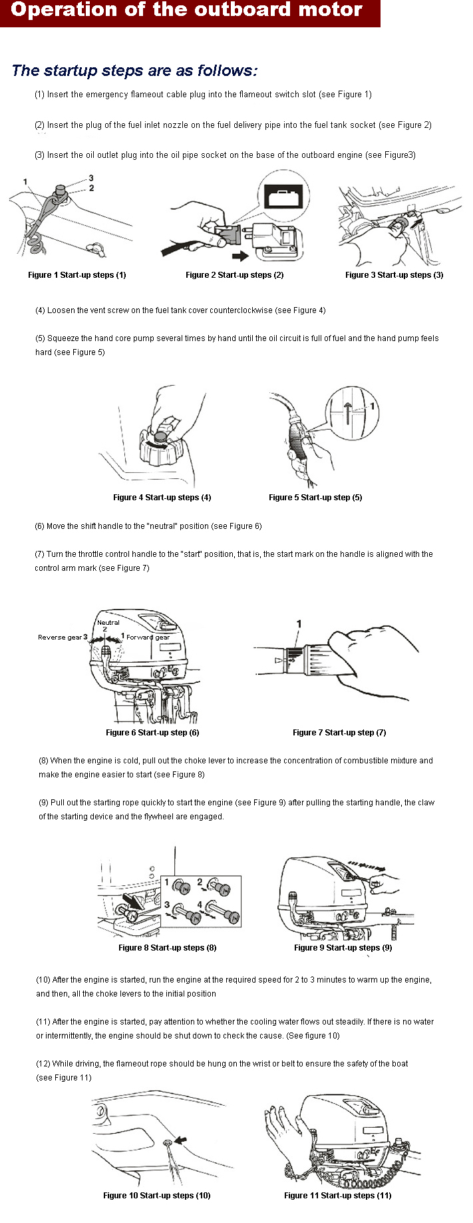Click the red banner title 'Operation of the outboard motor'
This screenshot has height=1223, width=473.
[187, 11]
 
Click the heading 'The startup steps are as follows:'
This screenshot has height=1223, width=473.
[134, 71]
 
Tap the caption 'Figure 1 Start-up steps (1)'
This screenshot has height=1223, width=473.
[77, 275]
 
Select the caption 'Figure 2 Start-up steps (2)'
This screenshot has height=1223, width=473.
[235, 275]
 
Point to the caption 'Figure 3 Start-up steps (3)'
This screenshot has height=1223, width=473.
[394, 275]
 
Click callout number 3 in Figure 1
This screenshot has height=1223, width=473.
[91, 178]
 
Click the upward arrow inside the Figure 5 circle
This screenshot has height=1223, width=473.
[347, 412]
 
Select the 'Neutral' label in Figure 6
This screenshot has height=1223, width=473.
[108, 623]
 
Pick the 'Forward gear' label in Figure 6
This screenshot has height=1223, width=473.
[148, 637]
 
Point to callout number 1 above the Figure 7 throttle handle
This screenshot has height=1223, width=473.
[299, 624]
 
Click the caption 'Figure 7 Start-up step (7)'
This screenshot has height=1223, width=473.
[339, 733]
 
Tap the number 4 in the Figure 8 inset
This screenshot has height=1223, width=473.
[200, 905]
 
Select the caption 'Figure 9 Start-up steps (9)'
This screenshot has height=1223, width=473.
[343, 948]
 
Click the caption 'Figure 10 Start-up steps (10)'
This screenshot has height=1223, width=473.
[157, 1196]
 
